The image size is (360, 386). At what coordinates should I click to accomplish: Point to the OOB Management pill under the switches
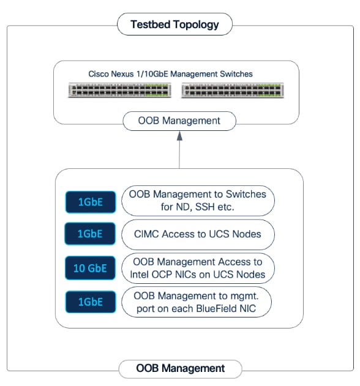(x=179, y=121)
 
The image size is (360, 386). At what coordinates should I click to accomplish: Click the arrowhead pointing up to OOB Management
(x=179, y=138)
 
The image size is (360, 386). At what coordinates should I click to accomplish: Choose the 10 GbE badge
(x=90, y=268)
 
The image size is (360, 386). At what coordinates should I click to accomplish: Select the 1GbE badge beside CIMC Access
(x=90, y=233)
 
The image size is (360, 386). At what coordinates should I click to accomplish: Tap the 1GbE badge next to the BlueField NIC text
(x=90, y=302)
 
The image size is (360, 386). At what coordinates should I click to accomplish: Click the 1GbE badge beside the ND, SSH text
(x=90, y=201)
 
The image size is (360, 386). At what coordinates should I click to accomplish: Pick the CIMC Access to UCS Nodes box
(x=198, y=233)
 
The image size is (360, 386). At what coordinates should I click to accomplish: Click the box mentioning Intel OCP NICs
(x=198, y=267)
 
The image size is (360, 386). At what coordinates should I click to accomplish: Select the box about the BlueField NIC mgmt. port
(x=198, y=302)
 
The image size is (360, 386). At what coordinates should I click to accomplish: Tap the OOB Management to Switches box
(x=198, y=200)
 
